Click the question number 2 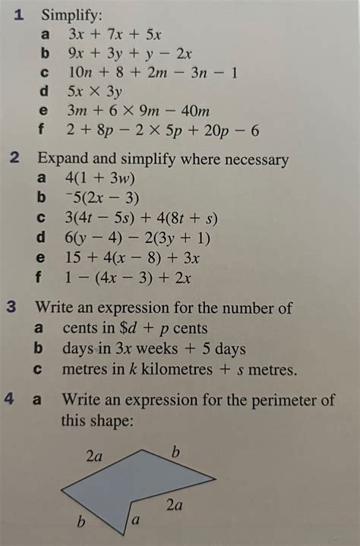(15, 159)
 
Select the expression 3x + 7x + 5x (115, 33)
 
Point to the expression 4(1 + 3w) (99, 178)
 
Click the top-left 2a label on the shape (94, 456)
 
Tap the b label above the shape (175, 453)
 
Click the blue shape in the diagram (137, 486)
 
